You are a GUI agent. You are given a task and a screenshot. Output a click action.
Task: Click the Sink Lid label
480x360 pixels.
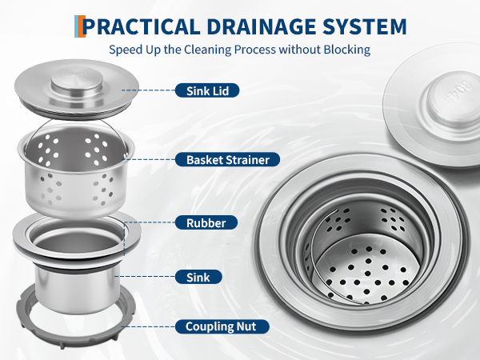[207, 90]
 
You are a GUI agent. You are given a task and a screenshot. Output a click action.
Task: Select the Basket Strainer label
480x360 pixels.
[227, 160]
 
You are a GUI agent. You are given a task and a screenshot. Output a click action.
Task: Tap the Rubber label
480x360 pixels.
[206, 223]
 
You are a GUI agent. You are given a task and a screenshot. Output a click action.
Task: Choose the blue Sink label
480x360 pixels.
[198, 277]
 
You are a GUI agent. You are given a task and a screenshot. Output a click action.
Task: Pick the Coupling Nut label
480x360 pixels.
[222, 326]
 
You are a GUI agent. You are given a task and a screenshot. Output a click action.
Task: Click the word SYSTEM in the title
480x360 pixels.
[364, 26]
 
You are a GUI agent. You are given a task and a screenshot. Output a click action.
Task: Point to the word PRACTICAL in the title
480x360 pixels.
[142, 26]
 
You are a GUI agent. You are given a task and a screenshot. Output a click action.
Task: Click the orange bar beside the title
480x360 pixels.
[82, 26]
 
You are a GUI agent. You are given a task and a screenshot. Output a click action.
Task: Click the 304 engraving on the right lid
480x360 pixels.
[456, 93]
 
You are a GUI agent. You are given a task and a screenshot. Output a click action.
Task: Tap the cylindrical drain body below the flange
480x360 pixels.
[77, 290]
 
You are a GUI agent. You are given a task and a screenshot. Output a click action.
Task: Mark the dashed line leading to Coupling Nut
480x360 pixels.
[148, 326]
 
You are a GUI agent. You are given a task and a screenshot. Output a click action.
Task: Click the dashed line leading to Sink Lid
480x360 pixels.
[148, 90]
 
